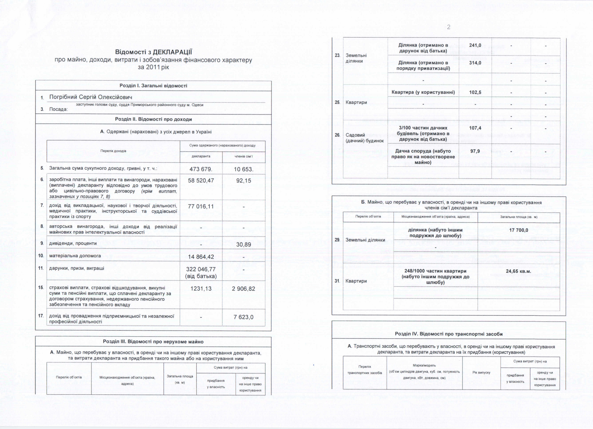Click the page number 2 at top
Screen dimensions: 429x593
click(x=448, y=27)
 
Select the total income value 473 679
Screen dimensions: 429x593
click(x=201, y=169)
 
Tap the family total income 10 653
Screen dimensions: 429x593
click(x=243, y=169)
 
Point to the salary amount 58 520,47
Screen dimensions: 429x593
click(x=201, y=181)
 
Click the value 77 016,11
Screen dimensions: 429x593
click(x=201, y=206)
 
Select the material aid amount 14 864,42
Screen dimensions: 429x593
click(x=201, y=257)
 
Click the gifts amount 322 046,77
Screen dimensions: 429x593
click(x=201, y=269)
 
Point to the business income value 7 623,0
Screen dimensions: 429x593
click(x=243, y=317)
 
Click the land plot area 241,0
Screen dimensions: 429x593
click(x=475, y=45)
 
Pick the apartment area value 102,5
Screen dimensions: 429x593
click(x=475, y=92)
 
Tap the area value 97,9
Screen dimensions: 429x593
click(x=475, y=151)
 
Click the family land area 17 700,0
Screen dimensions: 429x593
click(x=519, y=230)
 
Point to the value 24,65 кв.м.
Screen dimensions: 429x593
click(x=519, y=271)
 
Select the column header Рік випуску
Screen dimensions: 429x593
click(x=481, y=372)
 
